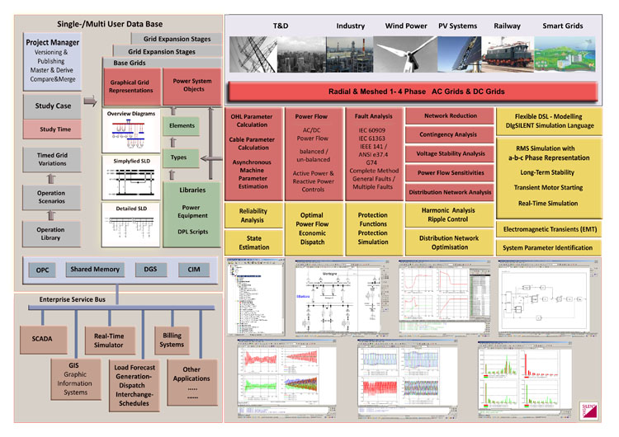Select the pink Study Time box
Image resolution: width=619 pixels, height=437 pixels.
[54, 129]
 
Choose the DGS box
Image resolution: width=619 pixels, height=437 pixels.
[150, 270]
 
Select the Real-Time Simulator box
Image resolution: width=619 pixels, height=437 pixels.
[111, 340]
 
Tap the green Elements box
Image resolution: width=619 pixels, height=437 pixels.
[182, 125]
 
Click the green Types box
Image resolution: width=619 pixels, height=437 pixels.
[179, 157]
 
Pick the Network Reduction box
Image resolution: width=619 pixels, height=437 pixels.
[451, 116]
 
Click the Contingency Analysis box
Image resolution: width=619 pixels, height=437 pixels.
[451, 134]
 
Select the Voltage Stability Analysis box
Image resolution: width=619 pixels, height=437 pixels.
[451, 153]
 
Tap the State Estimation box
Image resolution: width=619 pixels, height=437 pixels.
[253, 241]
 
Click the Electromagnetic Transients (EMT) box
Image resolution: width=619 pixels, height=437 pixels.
[551, 228]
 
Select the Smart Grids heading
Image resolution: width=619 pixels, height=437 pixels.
[563, 26]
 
